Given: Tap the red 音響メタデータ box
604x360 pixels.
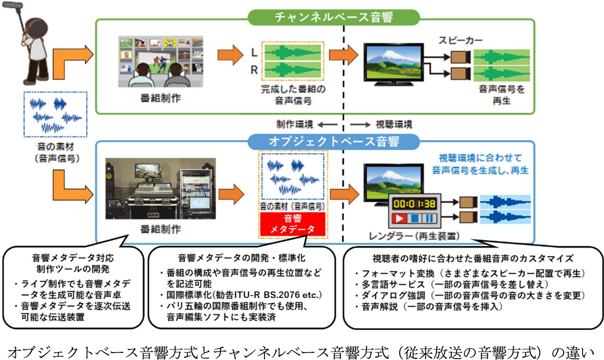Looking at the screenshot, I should pos(292,224).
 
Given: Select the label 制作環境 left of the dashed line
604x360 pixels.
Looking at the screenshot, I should pos(294,124).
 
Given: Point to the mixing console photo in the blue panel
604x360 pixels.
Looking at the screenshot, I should pos(160,188).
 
